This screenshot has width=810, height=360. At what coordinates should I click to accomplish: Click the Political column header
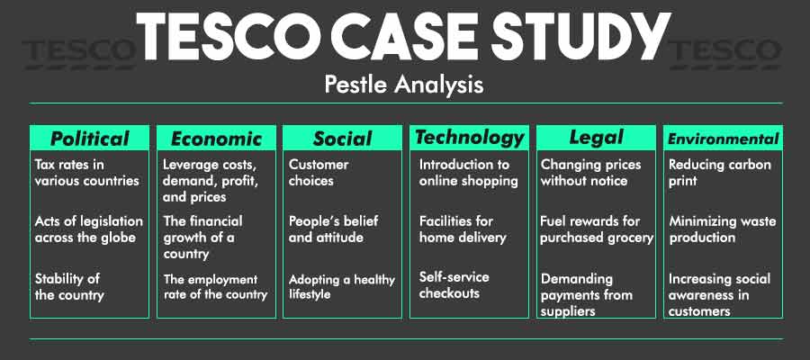[x=89, y=138]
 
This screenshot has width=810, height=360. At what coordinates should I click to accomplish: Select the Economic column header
[x=216, y=139]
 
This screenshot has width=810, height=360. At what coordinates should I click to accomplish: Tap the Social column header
[x=342, y=139]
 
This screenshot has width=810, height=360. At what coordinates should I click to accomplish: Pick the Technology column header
[x=469, y=137]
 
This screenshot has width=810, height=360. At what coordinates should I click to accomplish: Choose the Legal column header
[x=596, y=137]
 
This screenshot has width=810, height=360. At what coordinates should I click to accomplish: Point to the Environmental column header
[x=722, y=139]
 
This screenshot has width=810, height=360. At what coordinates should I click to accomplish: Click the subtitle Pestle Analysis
[x=404, y=85]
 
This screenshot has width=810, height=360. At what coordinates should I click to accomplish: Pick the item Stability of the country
[x=69, y=285]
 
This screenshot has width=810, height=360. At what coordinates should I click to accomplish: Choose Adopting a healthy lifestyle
[x=341, y=285]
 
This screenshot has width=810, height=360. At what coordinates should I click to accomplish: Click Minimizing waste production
[x=722, y=229]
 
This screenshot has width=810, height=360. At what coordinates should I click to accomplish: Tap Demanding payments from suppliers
[x=587, y=294]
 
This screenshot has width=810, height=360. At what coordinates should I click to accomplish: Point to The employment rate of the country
[x=215, y=286]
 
